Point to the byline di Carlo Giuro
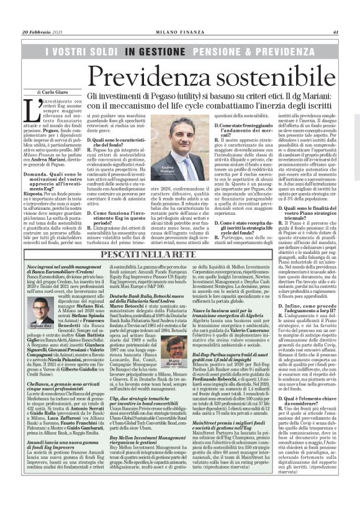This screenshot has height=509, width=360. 43,92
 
